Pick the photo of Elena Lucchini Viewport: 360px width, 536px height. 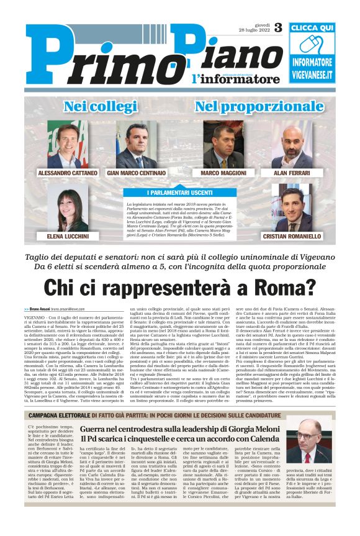68,211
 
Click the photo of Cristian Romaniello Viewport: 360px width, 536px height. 292,211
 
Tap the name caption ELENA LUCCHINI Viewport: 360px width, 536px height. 68,237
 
